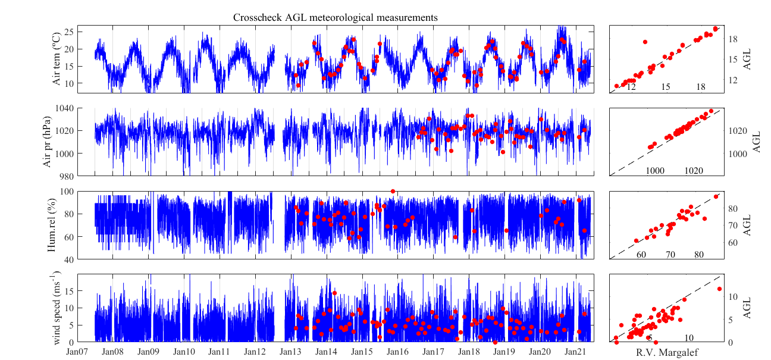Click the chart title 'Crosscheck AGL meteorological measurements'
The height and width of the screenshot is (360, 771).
[x=336, y=18]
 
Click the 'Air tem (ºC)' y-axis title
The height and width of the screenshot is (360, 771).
[x=58, y=60]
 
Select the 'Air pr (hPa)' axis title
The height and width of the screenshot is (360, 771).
[x=48, y=142]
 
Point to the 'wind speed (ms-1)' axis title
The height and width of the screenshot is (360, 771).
[x=58, y=307]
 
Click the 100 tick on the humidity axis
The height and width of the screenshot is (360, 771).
[x=83, y=191]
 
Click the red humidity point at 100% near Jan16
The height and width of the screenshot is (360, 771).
[x=393, y=191]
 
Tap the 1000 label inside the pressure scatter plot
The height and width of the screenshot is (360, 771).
[x=655, y=171]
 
